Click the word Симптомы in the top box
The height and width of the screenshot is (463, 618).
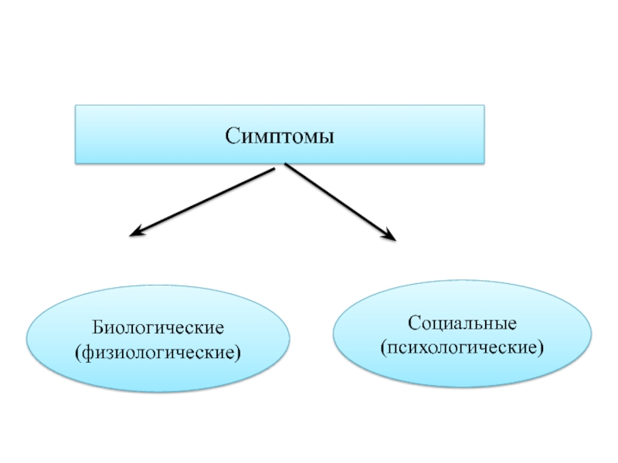(x=279, y=136)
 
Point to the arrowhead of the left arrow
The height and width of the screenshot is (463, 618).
(x=134, y=231)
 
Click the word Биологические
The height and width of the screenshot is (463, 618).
(x=159, y=329)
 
